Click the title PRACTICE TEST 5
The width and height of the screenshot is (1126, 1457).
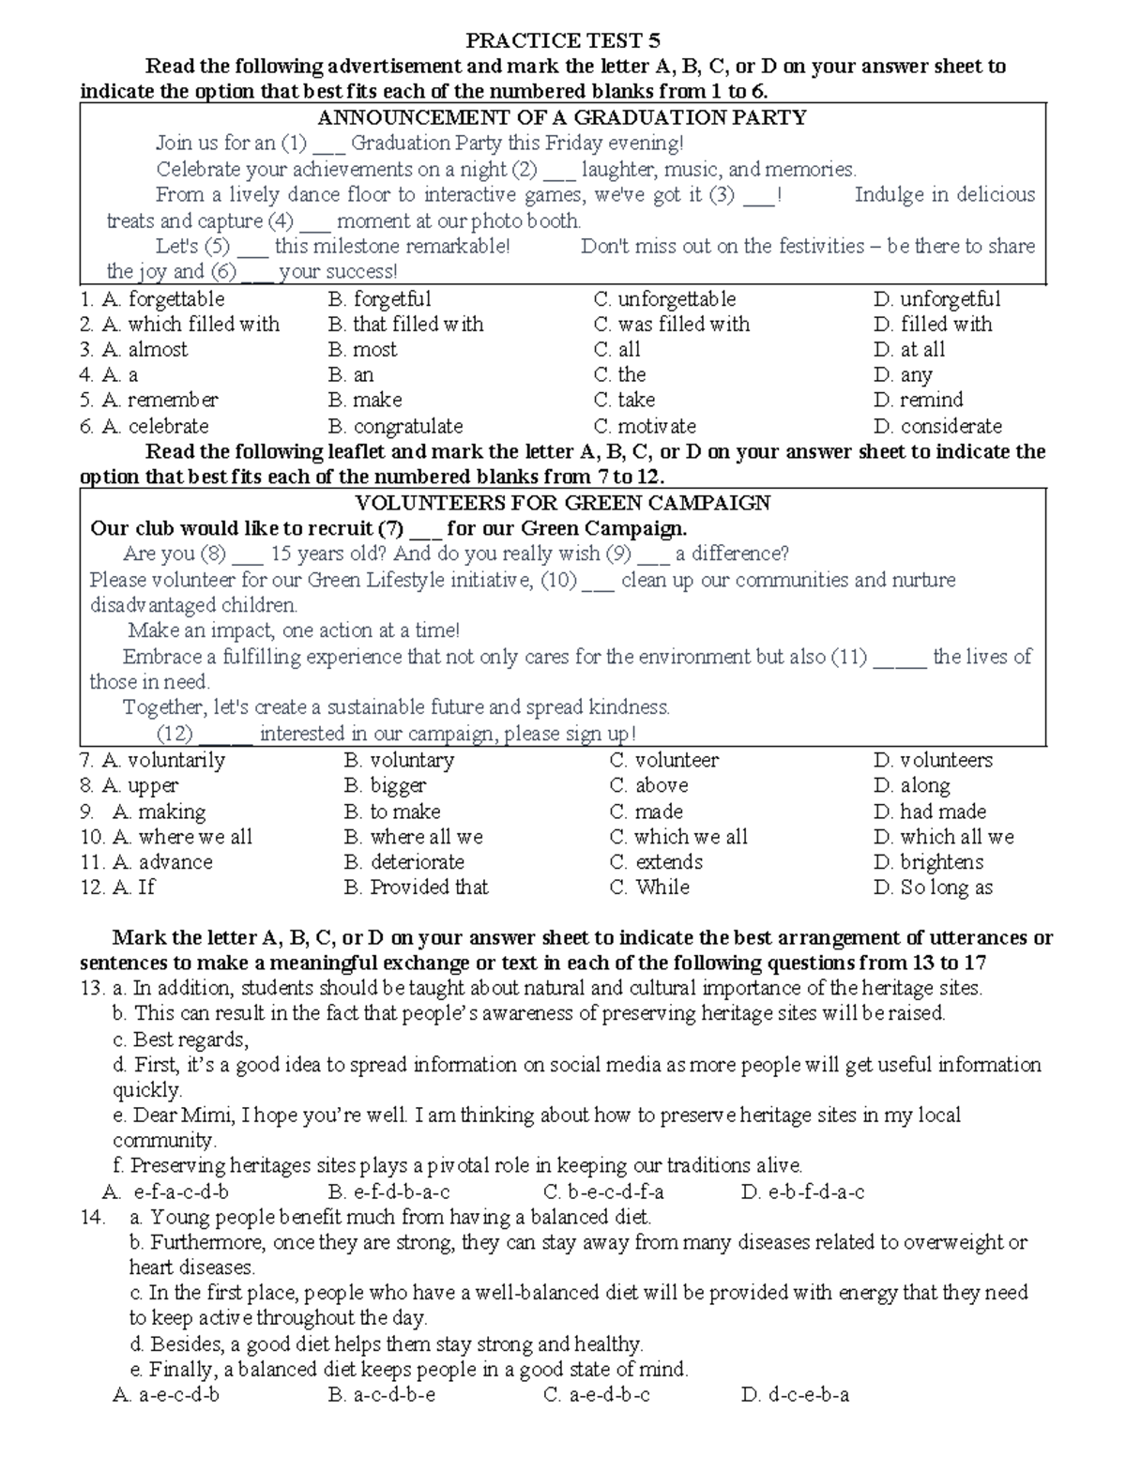pyautogui.click(x=563, y=40)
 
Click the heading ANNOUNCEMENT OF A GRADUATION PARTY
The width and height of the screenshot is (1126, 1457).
pyautogui.click(x=562, y=117)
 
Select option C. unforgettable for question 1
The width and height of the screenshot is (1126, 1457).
pyautogui.click(x=664, y=299)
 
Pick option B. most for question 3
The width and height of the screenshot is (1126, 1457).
pyautogui.click(x=363, y=350)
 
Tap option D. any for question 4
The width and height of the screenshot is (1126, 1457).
pyautogui.click(x=903, y=375)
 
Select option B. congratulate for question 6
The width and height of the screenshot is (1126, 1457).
pyautogui.click(x=395, y=426)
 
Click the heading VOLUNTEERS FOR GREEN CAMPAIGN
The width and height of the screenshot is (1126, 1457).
pyautogui.click(x=562, y=503)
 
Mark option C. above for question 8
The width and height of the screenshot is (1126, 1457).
pyautogui.click(x=648, y=785)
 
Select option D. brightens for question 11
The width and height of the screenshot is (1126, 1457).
pyautogui.click(x=928, y=862)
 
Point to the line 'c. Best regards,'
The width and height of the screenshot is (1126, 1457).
pyautogui.click(x=180, y=1040)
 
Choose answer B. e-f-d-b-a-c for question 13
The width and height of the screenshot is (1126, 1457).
pyautogui.click(x=389, y=1192)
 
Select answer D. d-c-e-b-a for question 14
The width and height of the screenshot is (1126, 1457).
pyautogui.click(x=795, y=1395)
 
